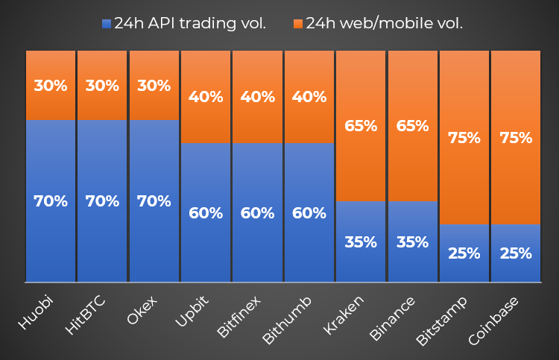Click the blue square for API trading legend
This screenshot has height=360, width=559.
[x=107, y=24]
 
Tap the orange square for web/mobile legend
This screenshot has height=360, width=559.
[x=298, y=24]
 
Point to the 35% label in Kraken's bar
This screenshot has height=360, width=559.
[x=361, y=242]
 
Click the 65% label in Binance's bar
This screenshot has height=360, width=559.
[x=412, y=126]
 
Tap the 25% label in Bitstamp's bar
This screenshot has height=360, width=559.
[x=464, y=253]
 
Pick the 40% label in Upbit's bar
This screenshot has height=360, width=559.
[x=206, y=97]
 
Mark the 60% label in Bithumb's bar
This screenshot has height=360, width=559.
[x=309, y=213]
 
